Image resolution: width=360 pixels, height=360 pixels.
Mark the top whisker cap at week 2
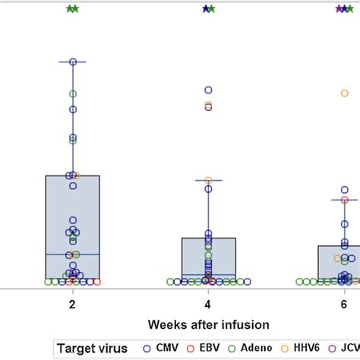72,62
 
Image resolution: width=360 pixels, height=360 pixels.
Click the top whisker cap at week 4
208,180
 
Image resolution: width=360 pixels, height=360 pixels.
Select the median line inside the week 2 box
72,254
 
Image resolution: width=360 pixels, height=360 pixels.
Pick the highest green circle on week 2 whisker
73,93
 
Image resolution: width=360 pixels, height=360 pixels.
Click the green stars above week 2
72,9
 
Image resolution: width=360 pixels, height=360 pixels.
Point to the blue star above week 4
205,9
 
